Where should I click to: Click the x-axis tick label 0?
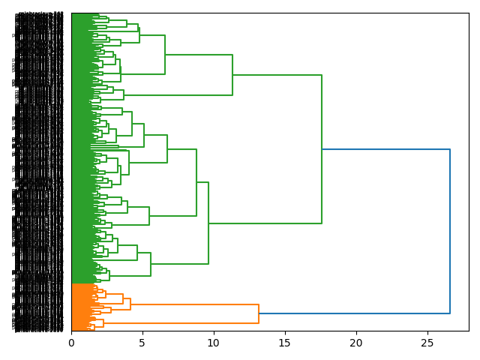coord(71,343)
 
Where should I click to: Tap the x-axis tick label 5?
coord(142,343)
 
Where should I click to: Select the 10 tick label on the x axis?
coord(214,343)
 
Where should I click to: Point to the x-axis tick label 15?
coord(285,343)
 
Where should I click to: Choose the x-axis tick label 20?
coord(356,343)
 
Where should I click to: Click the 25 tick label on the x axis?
coord(427,343)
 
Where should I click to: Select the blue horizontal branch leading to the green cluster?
coord(385,149)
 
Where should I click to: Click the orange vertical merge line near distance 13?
coord(259,313)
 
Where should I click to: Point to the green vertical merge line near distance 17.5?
coord(322,149)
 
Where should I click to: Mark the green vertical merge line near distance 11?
coord(232,75)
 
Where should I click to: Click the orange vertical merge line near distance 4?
coord(130,304)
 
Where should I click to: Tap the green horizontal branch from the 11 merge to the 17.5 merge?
coord(277,75)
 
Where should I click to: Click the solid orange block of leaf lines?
coord(82,307)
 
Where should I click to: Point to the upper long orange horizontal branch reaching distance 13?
coord(194,304)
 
